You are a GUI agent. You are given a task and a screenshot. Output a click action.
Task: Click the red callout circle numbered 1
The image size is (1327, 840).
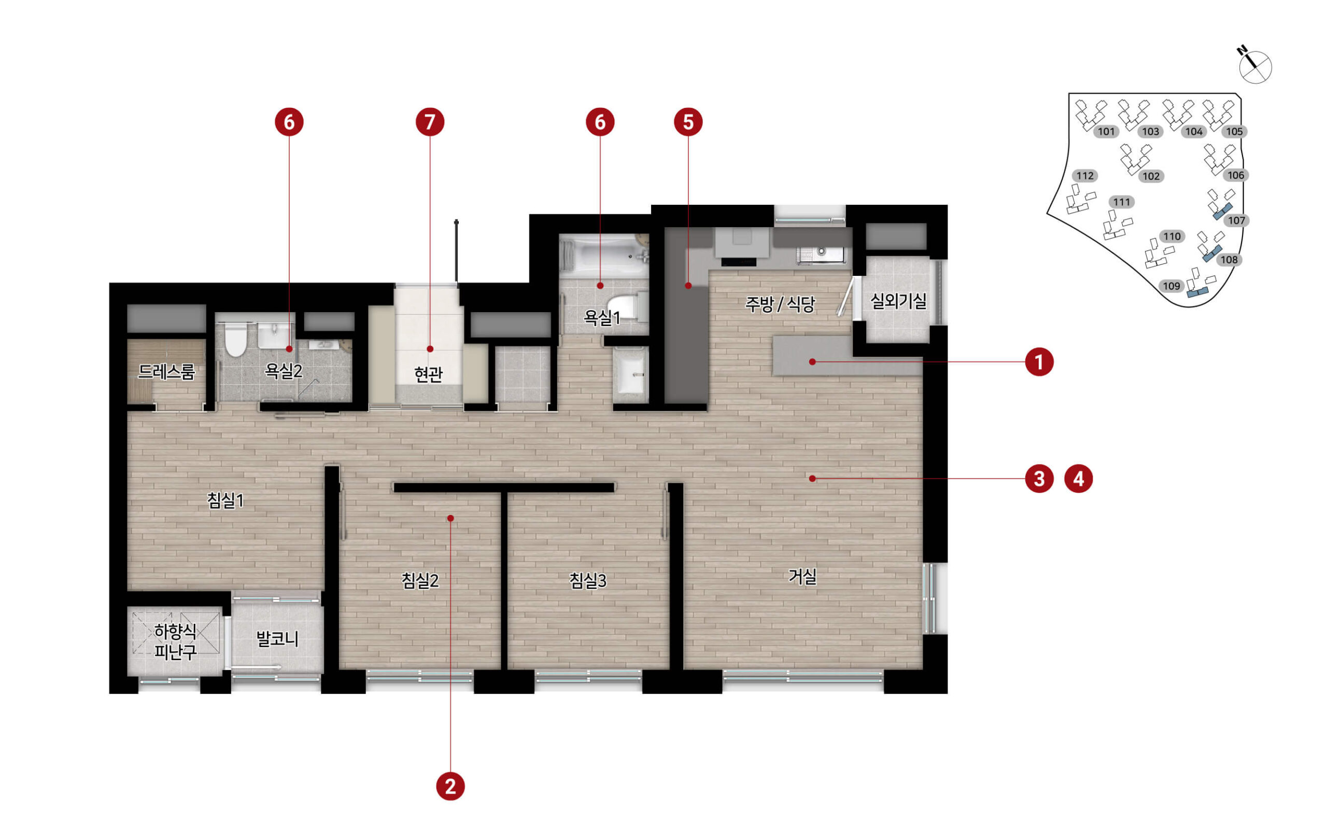coord(1039,362)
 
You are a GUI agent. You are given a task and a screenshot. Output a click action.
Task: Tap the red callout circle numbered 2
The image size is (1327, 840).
coord(450,786)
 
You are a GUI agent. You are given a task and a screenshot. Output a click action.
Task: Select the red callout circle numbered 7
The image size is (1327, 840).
coord(430,122)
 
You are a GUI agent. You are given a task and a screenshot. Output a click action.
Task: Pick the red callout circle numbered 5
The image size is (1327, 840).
coord(688,122)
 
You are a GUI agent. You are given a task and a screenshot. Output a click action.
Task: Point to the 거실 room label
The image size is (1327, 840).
coord(802,577)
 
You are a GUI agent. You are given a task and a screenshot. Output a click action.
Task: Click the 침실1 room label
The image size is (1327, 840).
coord(225,500)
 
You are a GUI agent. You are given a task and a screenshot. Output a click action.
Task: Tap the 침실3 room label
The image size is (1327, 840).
coord(587,580)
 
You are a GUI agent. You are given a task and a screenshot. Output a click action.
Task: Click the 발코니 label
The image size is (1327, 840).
coord(277,639)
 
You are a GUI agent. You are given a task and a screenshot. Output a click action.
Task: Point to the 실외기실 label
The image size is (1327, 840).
coord(898,301)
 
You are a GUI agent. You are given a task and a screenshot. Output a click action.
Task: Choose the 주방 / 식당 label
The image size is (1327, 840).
coord(780,304)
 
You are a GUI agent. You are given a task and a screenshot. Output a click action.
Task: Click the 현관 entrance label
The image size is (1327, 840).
coord(429,375)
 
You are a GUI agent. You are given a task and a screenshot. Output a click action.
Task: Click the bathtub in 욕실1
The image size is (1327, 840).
coord(604,255)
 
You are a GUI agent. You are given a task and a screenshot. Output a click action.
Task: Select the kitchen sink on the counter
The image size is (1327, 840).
coord(821,254)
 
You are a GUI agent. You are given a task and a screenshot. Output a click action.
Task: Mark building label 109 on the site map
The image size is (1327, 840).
coord(1171,286)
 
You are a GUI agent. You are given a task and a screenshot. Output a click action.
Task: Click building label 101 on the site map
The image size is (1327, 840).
coord(1106,131)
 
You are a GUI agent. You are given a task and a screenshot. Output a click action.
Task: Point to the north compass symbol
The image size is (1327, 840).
coord(1254,65)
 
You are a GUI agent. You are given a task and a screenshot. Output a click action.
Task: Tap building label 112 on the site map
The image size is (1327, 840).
coord(1084,176)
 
